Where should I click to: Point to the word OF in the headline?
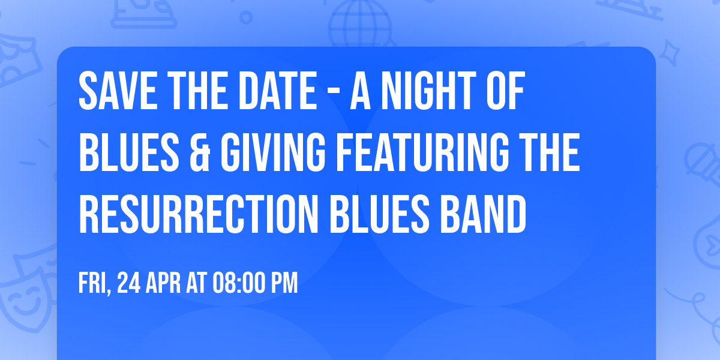point(503,92)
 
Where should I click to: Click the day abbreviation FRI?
point(94,283)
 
